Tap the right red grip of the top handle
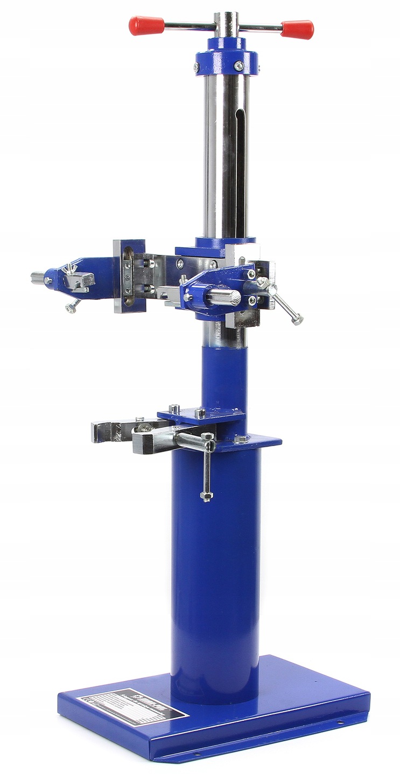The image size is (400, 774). coord(297,29)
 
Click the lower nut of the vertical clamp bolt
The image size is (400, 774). coord(207,496)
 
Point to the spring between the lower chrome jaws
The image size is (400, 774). coord(143,428)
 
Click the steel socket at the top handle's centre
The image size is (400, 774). coord(226,21)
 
